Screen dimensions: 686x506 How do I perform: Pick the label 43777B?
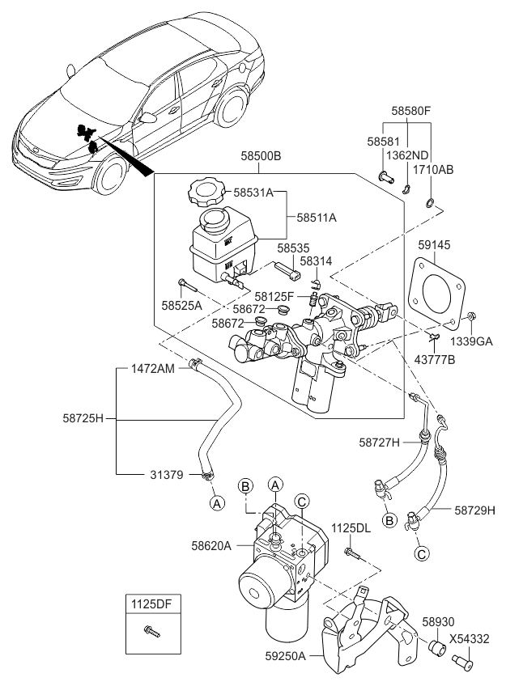pyautogui.click(x=433, y=358)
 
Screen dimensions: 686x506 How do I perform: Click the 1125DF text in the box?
pyautogui.click(x=152, y=603)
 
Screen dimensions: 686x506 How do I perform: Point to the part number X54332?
pyautogui.click(x=472, y=638)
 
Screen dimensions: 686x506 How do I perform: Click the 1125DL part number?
pyautogui.click(x=351, y=527)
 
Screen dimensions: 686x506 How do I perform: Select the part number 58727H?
pyautogui.click(x=380, y=442)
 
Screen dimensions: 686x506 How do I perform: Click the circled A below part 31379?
pyautogui.click(x=216, y=502)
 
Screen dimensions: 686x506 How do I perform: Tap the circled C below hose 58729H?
pyautogui.click(x=421, y=554)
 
